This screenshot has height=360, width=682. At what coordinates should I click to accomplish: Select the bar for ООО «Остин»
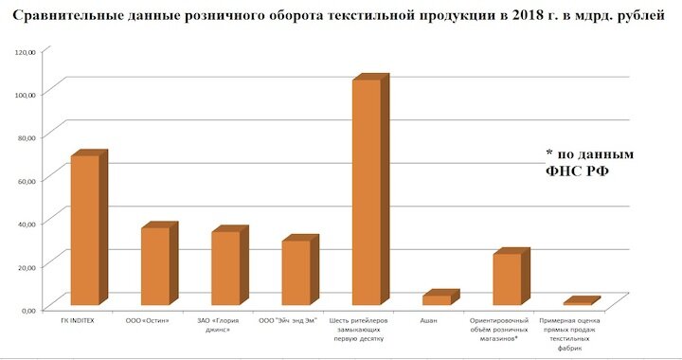pyautogui.click(x=154, y=266)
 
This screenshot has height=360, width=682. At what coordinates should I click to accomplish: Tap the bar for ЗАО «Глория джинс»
pyautogui.click(x=225, y=268)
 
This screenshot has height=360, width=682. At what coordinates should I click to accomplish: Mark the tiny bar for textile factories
pyautogui.click(x=577, y=303)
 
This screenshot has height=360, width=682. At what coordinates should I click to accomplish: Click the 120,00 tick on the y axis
pyautogui.click(x=23, y=51)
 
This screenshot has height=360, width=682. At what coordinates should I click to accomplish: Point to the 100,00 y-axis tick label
pyautogui.click(x=23, y=94)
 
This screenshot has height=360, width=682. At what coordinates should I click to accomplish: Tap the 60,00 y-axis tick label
pyautogui.click(x=24, y=180)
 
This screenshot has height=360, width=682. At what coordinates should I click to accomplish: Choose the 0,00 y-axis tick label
pyautogui.click(x=26, y=309)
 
